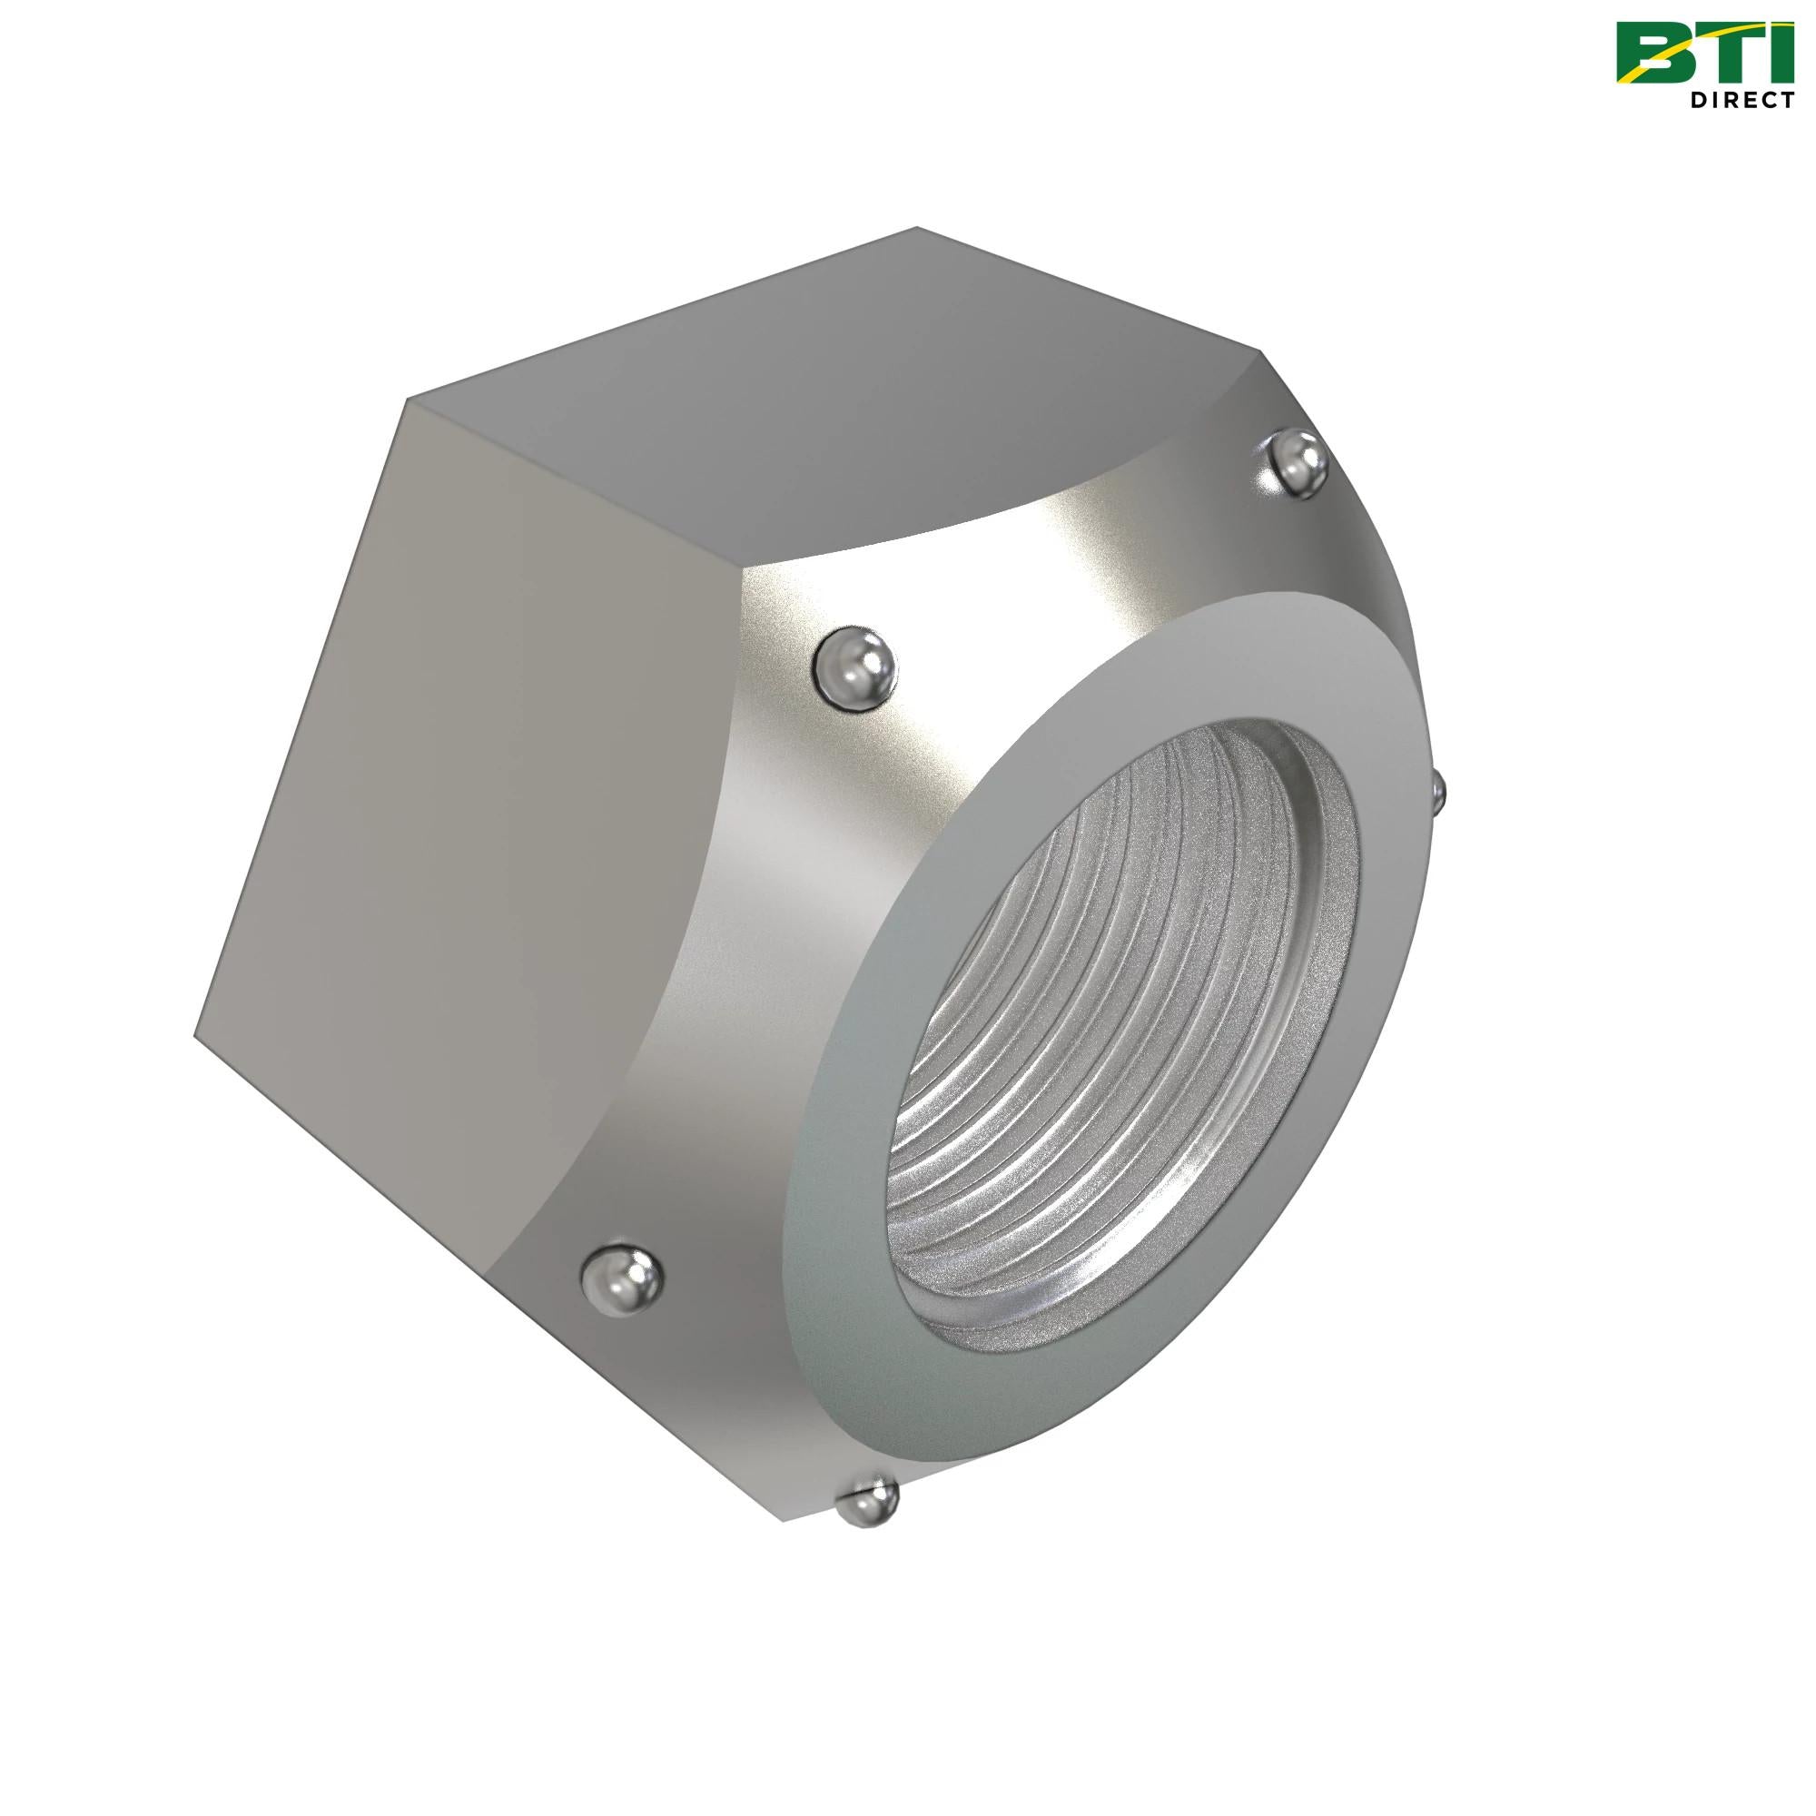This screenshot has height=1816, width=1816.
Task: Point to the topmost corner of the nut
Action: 916,228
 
